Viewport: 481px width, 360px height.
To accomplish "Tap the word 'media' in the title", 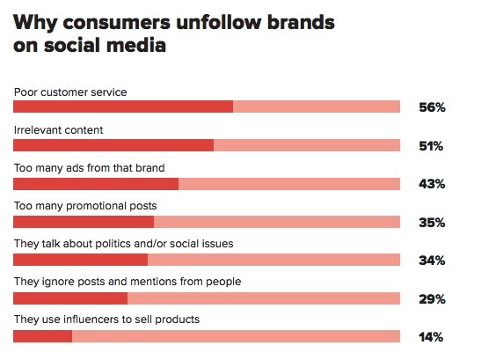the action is [x=136, y=45].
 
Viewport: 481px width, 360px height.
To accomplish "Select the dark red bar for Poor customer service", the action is [x=123, y=107].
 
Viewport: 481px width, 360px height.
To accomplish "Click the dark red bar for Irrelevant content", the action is [x=113, y=145].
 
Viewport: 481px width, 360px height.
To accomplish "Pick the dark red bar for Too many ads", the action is [x=96, y=184].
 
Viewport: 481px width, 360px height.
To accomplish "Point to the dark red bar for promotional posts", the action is [x=84, y=222].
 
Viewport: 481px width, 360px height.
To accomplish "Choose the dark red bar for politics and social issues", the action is [x=80, y=260].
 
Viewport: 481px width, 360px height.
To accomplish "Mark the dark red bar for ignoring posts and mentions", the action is [x=70, y=298].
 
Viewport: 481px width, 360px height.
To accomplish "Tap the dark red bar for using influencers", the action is [x=42, y=336].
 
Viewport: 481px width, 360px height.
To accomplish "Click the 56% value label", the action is [x=432, y=107].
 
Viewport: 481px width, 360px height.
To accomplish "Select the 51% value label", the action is [x=431, y=146].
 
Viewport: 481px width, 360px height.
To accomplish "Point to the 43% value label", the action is [x=432, y=184].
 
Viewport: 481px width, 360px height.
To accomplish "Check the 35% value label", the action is [x=432, y=223].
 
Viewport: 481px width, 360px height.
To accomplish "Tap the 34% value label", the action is [x=432, y=261].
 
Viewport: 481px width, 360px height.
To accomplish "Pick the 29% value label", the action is [x=432, y=299].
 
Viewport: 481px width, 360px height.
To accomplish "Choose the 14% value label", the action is [x=431, y=337].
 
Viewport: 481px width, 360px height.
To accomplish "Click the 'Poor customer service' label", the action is [x=70, y=92].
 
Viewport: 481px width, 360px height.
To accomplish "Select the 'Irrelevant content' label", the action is [x=58, y=130].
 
